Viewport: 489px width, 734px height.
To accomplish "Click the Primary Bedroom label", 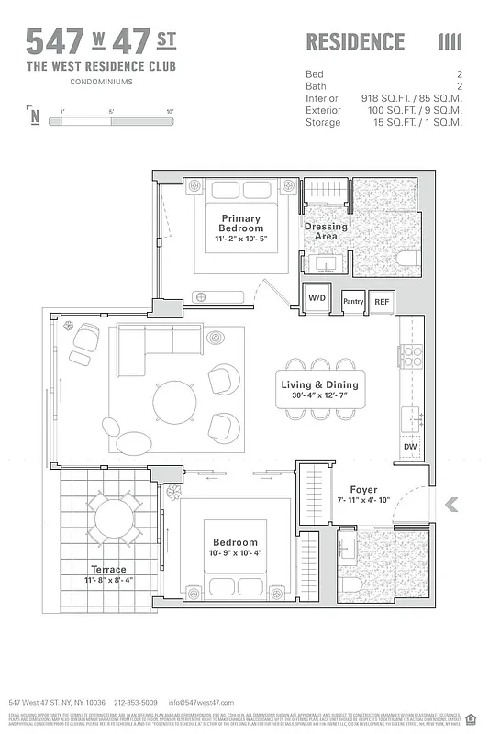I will pos(241,223).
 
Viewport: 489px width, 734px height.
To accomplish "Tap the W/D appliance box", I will pos(317,298).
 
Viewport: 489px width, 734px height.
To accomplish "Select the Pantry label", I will pos(353,301).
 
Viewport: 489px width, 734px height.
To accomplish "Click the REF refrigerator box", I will pos(382,301).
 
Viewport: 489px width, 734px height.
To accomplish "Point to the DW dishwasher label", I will pos(409,447).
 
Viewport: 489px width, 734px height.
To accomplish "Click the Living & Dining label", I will pos(319,385).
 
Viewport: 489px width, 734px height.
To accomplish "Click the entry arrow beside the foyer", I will pos(450,504).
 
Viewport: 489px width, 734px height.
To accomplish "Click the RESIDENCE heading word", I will pos(354,41).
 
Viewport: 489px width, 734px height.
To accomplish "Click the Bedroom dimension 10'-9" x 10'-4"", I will pos(235,553).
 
